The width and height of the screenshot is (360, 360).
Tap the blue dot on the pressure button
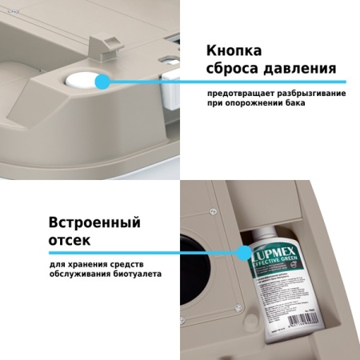point(102,81)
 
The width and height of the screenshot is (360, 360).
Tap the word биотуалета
point(134,274)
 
